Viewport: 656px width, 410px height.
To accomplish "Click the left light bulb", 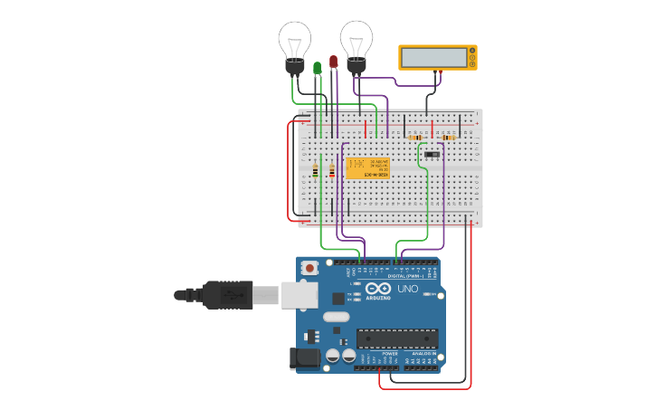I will coord(294,45).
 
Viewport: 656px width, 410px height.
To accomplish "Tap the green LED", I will coord(317,68).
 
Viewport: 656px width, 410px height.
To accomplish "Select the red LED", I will coord(333,62).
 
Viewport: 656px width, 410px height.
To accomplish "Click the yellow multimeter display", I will coord(437,58).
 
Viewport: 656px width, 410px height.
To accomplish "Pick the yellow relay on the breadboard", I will coord(367,167).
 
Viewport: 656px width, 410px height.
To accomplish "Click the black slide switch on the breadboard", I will coord(432,156).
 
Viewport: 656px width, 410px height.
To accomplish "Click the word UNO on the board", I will coord(408,289).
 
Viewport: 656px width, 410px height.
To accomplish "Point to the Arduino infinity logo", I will coord(379,289).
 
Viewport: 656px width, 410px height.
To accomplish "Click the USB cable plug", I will coord(226,295).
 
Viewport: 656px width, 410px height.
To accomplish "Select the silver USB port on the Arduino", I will coord(299,295).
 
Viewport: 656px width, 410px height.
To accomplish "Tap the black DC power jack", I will coord(304,358).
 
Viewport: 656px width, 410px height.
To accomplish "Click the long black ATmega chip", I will coord(397,338).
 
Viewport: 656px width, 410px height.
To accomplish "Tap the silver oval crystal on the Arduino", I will coord(335,317).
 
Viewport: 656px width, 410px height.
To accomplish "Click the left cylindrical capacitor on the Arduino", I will coord(333,356).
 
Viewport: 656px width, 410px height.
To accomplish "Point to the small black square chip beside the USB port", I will coord(338,298).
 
